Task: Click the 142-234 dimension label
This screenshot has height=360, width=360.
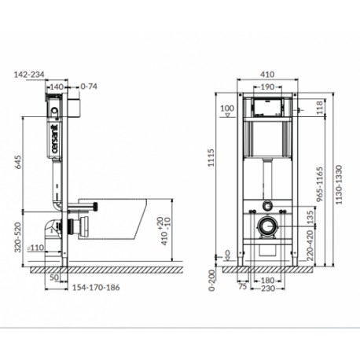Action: click(29, 75)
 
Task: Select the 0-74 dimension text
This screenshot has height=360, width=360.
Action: click(89, 86)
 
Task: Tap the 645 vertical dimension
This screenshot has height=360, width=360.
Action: click(19, 162)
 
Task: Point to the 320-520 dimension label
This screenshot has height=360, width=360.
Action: click(17, 237)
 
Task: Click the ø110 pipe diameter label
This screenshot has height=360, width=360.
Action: click(36, 248)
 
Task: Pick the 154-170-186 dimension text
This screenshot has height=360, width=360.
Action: click(96, 288)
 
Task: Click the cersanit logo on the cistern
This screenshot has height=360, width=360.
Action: click(55, 138)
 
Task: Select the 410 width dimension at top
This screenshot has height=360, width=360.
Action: click(267, 75)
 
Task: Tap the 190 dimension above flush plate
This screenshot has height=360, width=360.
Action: click(267, 86)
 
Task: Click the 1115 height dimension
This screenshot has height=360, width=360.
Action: click(211, 157)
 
